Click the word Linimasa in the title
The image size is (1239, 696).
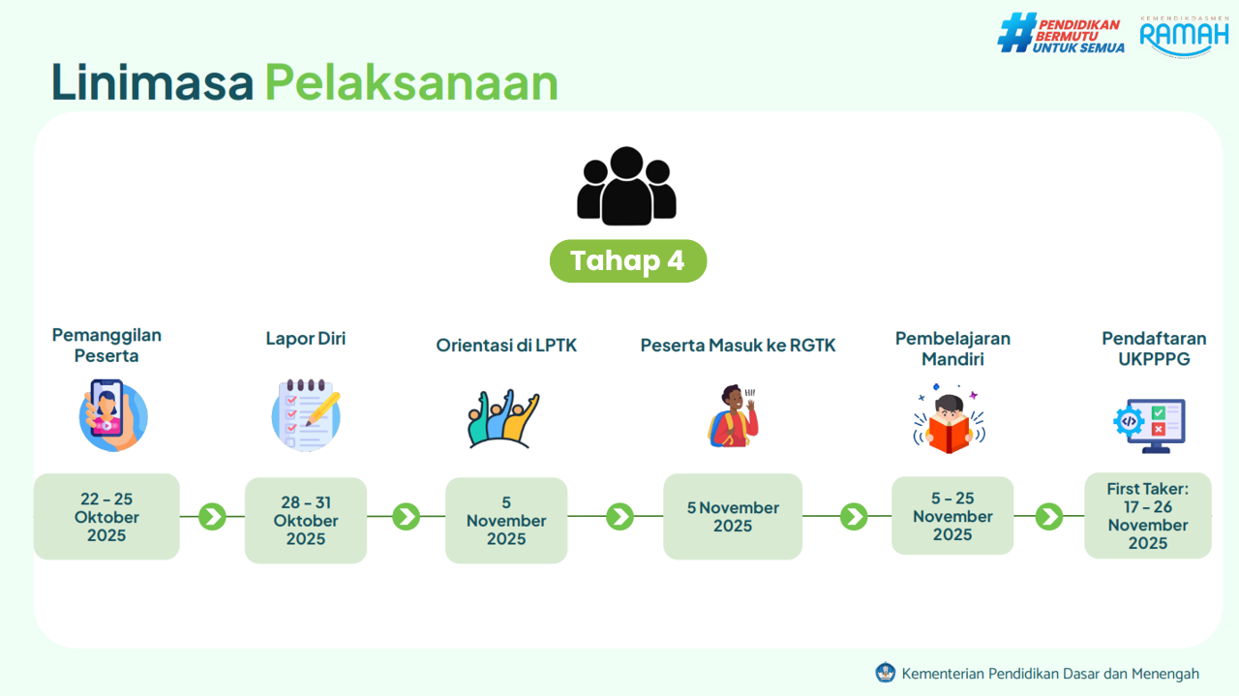pyautogui.click(x=152, y=82)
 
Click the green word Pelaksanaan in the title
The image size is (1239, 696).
pyautogui.click(x=411, y=82)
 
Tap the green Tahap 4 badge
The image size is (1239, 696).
pyautogui.click(x=628, y=260)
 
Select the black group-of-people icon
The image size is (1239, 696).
pyautogui.click(x=626, y=186)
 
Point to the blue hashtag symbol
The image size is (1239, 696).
pyautogui.click(x=1016, y=33)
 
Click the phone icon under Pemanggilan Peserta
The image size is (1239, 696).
pyautogui.click(x=113, y=415)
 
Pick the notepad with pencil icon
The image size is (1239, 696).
pyautogui.click(x=306, y=415)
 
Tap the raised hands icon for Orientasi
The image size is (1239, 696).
pyautogui.click(x=502, y=418)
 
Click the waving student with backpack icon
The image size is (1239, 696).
pyautogui.click(x=734, y=415)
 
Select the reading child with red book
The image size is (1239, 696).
pyautogui.click(x=950, y=419)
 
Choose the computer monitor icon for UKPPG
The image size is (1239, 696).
pyautogui.click(x=1149, y=426)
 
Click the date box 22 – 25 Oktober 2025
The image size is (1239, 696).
pyautogui.click(x=106, y=517)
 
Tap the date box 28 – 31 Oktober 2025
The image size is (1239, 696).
pyautogui.click(x=306, y=521)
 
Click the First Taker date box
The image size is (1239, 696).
pyautogui.click(x=1148, y=516)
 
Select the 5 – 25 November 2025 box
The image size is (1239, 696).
pyautogui.click(x=952, y=516)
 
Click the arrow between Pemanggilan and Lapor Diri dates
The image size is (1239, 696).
pyautogui.click(x=212, y=517)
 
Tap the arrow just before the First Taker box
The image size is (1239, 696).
pyautogui.click(x=1048, y=516)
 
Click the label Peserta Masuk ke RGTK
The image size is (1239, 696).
pyautogui.click(x=738, y=346)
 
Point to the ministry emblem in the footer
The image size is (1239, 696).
pyautogui.click(x=885, y=673)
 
